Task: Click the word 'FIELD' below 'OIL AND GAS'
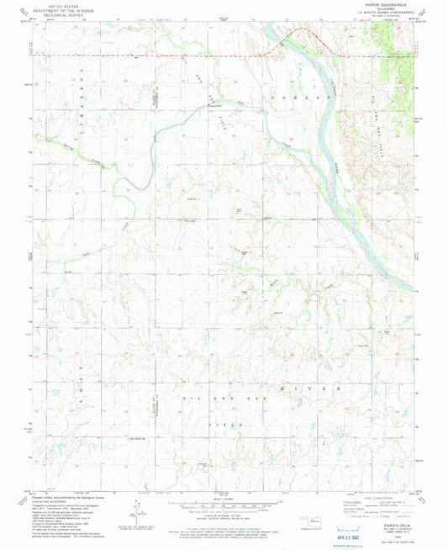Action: [223, 426]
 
